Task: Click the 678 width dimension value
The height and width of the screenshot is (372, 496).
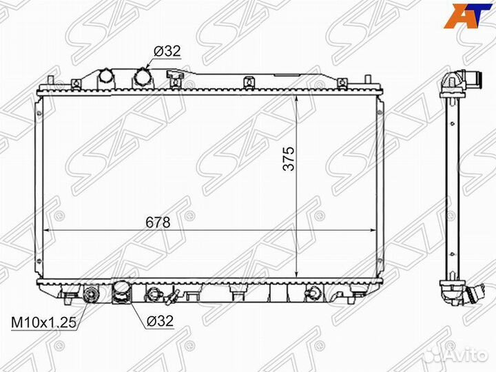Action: tap(158, 223)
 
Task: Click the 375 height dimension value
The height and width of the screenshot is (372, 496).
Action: tap(289, 158)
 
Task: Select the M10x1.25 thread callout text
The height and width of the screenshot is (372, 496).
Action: tap(43, 323)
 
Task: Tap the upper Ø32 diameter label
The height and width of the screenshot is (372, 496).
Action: tap(167, 50)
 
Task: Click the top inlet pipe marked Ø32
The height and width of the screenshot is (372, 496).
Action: tap(142, 77)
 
